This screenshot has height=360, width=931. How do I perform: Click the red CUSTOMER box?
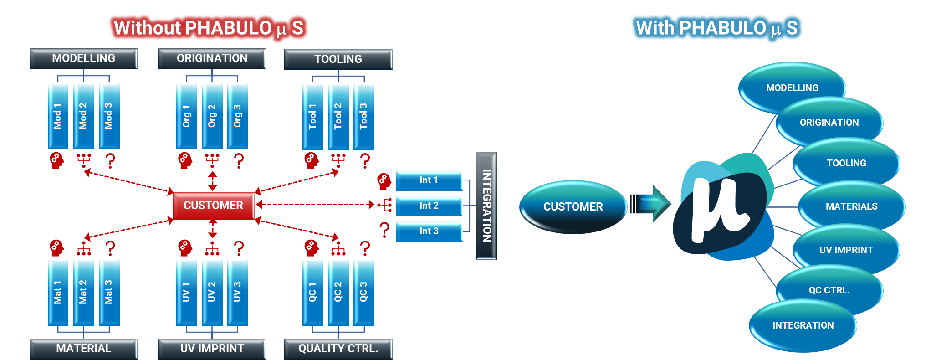click(x=213, y=206)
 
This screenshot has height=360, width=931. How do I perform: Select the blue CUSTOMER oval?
click(x=573, y=207)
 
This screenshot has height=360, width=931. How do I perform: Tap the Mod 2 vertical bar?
click(x=83, y=116)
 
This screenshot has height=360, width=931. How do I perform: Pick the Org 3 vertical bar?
click(x=237, y=116)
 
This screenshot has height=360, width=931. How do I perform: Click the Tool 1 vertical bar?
click(x=312, y=116)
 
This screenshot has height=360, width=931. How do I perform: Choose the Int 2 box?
click(x=429, y=206)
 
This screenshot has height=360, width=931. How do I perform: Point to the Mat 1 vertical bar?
click(x=58, y=292)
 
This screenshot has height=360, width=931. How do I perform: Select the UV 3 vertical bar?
click(x=237, y=292)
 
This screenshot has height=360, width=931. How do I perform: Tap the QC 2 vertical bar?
click(x=338, y=292)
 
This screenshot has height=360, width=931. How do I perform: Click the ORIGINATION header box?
click(x=212, y=59)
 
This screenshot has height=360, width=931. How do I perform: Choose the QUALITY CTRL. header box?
click(x=338, y=349)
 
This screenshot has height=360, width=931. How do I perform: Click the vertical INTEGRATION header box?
click(x=486, y=206)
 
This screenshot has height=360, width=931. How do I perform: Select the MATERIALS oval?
click(x=851, y=206)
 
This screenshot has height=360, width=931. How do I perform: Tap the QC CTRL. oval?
click(x=829, y=290)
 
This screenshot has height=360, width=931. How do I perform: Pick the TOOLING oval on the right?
click(x=846, y=163)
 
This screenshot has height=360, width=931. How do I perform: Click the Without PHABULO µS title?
click(x=209, y=28)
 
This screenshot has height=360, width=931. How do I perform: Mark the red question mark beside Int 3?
click(x=385, y=230)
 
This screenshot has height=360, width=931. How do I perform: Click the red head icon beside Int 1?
click(x=384, y=181)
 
